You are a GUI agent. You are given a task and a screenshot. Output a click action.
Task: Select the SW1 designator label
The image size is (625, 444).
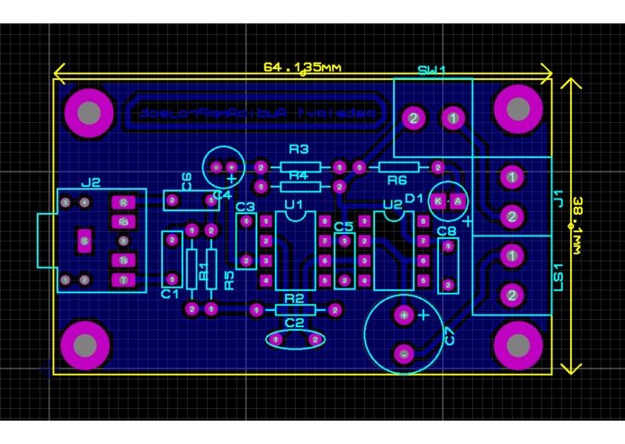point(433,71)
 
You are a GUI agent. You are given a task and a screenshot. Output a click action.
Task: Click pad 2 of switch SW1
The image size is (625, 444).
point(413,118)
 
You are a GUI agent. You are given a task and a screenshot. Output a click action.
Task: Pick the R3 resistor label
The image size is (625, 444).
point(299,149)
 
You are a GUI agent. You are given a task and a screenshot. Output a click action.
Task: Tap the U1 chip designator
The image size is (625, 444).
point(293,206)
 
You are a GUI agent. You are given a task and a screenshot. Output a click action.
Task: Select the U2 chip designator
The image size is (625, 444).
point(392,206)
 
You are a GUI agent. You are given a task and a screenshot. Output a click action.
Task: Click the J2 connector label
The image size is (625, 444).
point(91,182)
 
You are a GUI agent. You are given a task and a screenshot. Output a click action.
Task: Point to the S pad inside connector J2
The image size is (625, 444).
point(85,241)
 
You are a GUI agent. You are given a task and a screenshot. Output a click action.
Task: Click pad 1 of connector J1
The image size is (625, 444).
point(511,177)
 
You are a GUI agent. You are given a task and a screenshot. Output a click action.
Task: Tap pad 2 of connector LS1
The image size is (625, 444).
point(511,294)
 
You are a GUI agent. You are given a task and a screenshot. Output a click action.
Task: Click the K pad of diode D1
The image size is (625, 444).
point(437,202)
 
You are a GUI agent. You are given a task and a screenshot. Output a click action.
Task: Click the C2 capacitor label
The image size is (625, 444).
point(294,322)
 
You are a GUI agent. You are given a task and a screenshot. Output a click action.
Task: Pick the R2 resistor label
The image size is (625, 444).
point(294,298)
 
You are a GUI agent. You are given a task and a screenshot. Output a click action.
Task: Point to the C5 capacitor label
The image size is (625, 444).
point(343,227)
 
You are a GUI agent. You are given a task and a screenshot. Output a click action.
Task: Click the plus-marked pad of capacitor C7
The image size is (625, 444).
point(405,315)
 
